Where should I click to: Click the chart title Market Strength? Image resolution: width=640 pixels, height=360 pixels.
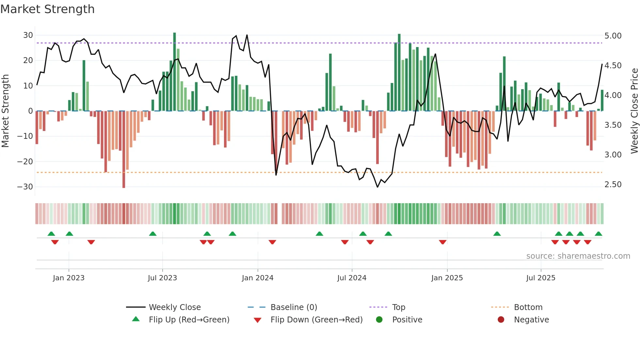(x=48, y=9)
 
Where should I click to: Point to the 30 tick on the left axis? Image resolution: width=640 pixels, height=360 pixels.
(x=28, y=35)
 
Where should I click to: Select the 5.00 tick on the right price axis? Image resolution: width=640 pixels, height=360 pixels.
(x=613, y=36)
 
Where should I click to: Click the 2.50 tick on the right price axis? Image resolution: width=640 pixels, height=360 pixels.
(x=613, y=185)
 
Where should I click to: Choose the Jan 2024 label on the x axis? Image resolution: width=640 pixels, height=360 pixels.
(x=258, y=278)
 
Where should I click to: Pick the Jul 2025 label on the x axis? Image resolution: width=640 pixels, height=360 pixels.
(x=541, y=278)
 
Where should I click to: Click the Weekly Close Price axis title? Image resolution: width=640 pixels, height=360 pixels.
(x=634, y=111)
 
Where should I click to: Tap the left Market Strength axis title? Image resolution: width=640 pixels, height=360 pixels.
(x=6, y=111)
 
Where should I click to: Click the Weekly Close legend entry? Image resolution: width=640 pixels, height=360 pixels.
(x=175, y=307)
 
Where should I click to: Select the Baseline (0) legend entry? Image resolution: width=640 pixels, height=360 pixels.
(x=294, y=307)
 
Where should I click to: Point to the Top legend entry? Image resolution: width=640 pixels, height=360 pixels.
(x=398, y=307)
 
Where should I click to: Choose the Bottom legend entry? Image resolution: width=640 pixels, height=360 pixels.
(x=528, y=307)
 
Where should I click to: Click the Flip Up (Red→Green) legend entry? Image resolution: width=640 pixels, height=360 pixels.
(x=189, y=320)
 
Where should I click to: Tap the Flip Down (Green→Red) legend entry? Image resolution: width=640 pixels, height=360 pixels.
(x=316, y=320)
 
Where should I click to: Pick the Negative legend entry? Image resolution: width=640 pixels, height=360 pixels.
(x=531, y=320)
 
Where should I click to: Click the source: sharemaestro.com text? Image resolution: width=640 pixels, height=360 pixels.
(x=578, y=256)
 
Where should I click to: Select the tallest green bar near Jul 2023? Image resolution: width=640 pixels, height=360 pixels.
(x=174, y=72)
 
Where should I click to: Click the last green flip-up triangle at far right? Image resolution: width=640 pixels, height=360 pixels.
(x=598, y=234)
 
